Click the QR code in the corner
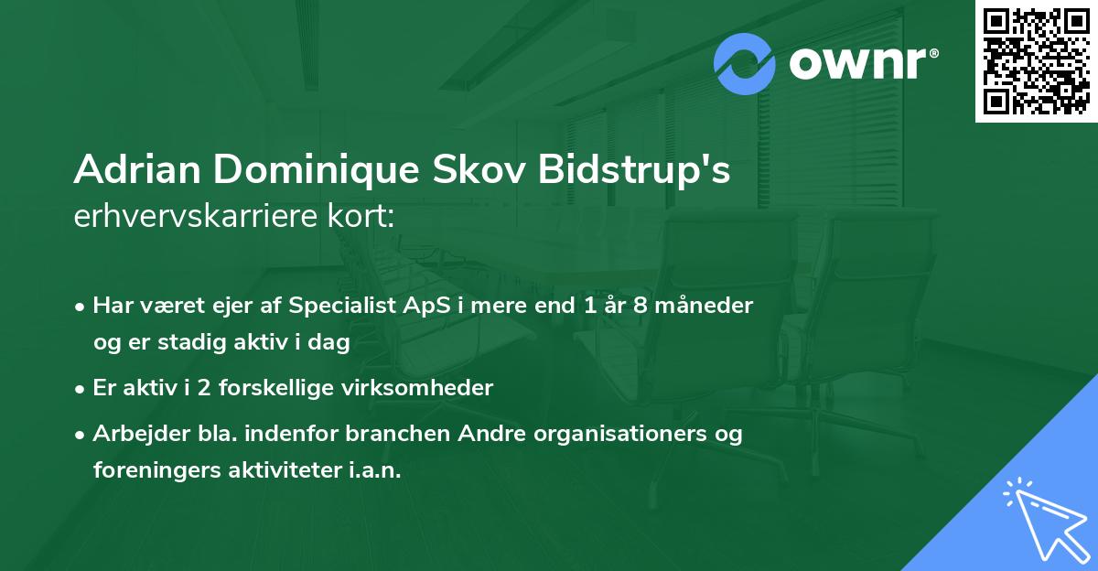(1036, 60)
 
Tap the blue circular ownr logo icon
(745, 63)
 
